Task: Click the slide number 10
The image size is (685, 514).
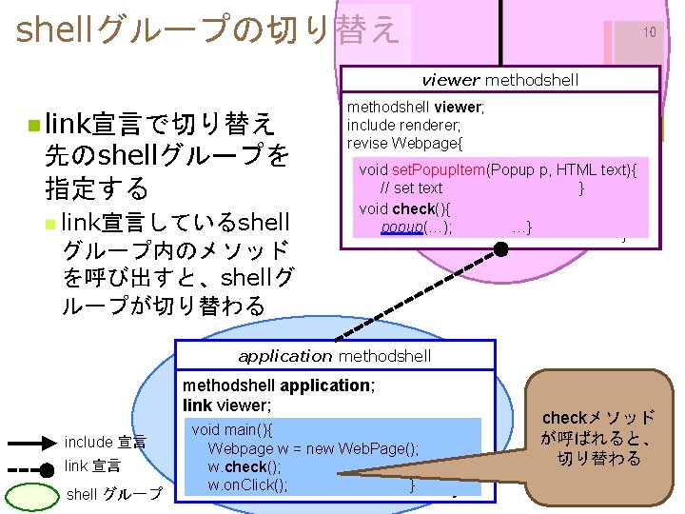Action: [x=649, y=32]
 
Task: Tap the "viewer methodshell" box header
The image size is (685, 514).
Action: [x=499, y=80]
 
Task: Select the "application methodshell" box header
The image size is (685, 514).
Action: [x=335, y=356]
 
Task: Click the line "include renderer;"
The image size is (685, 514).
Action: [x=403, y=125]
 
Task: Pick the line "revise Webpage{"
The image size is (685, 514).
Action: [x=404, y=143]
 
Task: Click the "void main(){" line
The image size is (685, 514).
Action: [x=232, y=430]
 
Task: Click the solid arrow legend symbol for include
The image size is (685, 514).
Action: [x=33, y=443]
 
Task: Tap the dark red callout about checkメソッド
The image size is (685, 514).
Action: [x=597, y=439]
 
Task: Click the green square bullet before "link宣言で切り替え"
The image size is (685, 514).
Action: [x=34, y=125]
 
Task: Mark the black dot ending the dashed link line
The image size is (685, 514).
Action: [x=501, y=247]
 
